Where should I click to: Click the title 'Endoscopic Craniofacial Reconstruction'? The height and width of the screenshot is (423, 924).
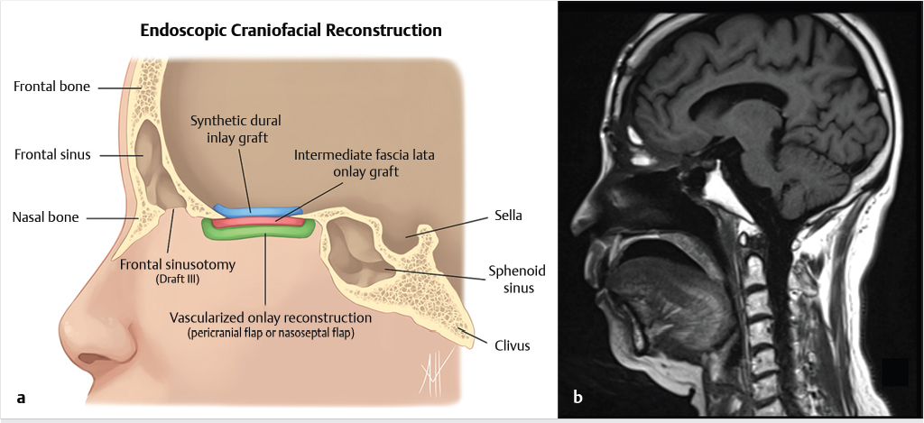(291, 31)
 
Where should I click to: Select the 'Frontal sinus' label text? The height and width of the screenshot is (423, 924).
(51, 155)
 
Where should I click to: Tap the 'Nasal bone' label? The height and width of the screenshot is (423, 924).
(45, 216)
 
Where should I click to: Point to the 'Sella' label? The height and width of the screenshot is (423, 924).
(508, 216)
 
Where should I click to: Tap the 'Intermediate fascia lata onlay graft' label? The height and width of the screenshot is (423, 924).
(364, 162)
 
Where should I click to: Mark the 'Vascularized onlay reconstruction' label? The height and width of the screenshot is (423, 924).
(271, 317)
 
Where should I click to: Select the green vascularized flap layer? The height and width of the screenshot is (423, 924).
(262, 232)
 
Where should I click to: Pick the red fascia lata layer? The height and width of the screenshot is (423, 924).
(271, 218)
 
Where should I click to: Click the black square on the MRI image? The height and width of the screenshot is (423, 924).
(893, 372)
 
